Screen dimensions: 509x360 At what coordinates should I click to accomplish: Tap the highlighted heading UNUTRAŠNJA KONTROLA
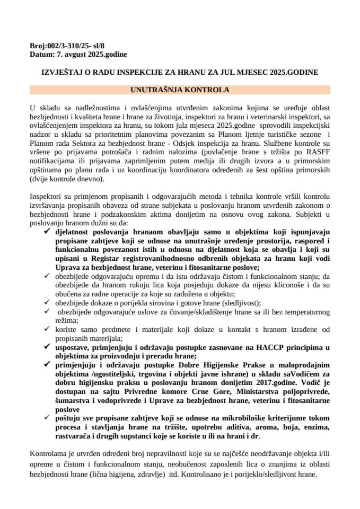(x=180, y=90)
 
